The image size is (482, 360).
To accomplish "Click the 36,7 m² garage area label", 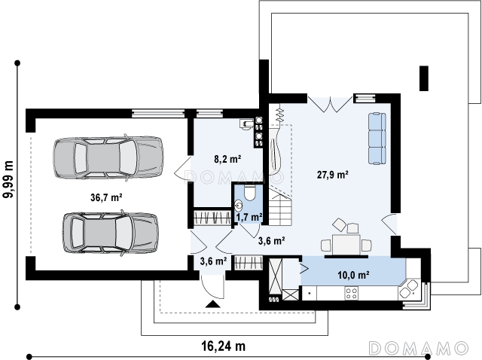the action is (106, 197).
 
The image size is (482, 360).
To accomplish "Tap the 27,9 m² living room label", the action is (333, 175).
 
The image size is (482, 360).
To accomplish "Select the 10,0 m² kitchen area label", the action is (353, 275).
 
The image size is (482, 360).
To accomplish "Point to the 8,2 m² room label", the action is (227, 159).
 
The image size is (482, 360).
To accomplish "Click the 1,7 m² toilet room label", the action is (249, 218).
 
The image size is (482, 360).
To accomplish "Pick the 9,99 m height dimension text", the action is (8, 179).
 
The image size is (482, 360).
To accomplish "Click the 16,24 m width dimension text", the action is (224, 346).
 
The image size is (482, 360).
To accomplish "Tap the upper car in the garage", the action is (108, 157).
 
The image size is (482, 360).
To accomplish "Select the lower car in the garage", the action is (111, 233).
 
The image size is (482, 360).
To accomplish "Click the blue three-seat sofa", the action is (377, 139).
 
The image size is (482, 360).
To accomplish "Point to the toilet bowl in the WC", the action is (249, 192).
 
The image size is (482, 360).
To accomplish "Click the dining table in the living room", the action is (346, 245).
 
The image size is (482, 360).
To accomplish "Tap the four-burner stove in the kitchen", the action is (351, 293).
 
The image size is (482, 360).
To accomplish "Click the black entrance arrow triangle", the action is (212, 304).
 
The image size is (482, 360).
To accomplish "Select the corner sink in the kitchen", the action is (409, 290).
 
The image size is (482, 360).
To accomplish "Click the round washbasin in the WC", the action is (239, 205).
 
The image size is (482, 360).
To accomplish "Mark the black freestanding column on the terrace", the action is (424, 78).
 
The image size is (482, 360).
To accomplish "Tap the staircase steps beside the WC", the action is (280, 206).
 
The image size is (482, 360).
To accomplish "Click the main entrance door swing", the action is (212, 286).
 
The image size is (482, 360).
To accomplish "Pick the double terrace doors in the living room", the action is (330, 104).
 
